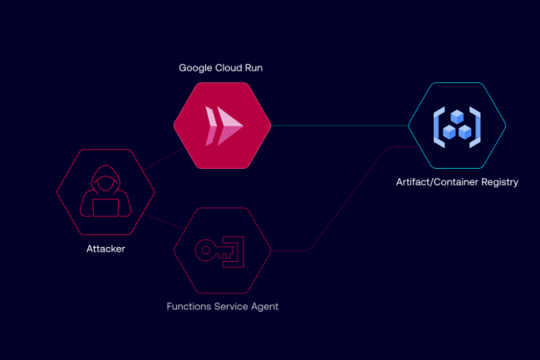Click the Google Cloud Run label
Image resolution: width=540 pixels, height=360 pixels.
(221, 68)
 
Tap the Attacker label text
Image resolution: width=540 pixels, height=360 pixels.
(106, 249)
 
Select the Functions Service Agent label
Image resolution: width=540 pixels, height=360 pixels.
(223, 307)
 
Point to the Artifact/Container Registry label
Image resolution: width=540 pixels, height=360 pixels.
(457, 182)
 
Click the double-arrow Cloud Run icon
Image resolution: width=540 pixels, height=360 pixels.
(223, 126)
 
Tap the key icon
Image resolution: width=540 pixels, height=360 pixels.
(219, 251)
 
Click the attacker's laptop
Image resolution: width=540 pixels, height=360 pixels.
(106, 208)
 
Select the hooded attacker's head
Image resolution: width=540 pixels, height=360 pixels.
(106, 179)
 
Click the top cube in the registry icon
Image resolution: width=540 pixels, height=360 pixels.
(457, 116)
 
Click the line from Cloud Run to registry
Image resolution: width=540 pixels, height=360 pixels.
(340, 126)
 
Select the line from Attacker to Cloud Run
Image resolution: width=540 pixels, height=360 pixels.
(164, 159)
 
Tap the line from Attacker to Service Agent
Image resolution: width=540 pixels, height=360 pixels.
(164, 221)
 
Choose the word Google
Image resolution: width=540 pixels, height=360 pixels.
(195, 68)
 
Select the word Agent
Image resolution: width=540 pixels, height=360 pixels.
(264, 307)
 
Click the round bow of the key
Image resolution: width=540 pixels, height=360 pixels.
(205, 250)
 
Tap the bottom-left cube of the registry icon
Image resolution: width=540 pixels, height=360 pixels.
(449, 132)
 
